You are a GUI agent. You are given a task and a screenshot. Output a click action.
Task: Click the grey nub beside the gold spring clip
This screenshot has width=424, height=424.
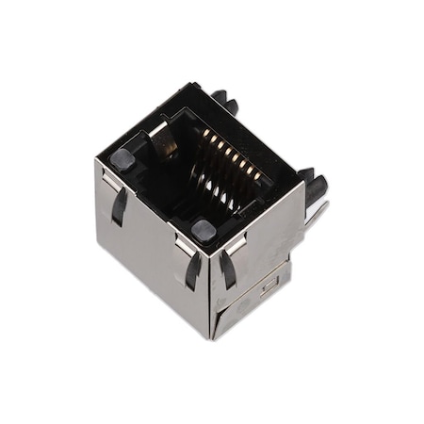point(122,157)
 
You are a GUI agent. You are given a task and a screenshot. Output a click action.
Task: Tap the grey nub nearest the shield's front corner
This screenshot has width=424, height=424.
point(202,229)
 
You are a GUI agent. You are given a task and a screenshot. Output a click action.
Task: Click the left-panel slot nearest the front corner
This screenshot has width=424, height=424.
point(192,270)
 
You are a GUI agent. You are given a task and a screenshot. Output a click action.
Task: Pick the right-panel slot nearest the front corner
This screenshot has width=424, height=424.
point(228,269)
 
